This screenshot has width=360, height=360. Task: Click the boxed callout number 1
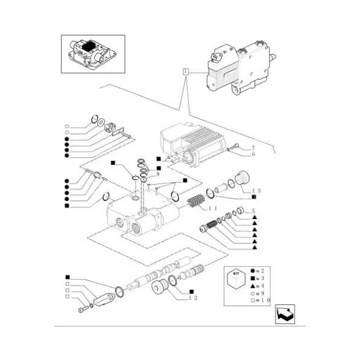coord(186,73)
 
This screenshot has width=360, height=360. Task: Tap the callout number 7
coord(253,148)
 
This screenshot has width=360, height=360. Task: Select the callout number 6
coord(253,155)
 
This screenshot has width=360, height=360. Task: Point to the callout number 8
coord(157,173)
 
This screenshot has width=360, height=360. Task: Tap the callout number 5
coord(254,211)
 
